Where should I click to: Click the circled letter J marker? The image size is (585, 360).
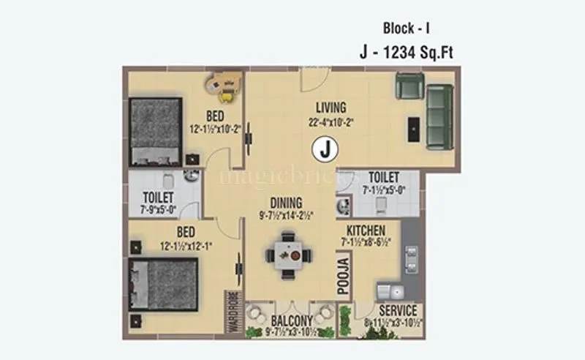[326, 150]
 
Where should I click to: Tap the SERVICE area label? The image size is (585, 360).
[397, 311]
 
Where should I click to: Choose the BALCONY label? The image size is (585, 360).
[291, 320]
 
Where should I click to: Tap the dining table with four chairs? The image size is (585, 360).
[289, 256]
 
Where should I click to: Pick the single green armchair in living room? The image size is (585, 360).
[408, 86]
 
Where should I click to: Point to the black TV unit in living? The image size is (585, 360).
[414, 130]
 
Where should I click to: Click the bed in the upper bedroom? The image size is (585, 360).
[155, 132]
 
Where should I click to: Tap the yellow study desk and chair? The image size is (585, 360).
[226, 86]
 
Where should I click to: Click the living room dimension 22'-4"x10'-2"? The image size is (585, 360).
[331, 122]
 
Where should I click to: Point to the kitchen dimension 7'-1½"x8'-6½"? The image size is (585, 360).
[370, 243]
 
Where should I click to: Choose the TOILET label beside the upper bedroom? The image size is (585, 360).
[159, 198]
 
